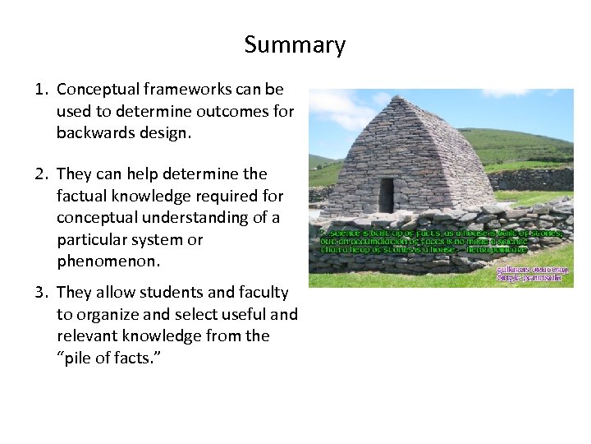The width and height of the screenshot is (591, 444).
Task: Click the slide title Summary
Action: tap(295, 44)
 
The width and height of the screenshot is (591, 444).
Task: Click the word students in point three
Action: tap(153, 293)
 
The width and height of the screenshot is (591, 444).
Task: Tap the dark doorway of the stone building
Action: tap(387, 195)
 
